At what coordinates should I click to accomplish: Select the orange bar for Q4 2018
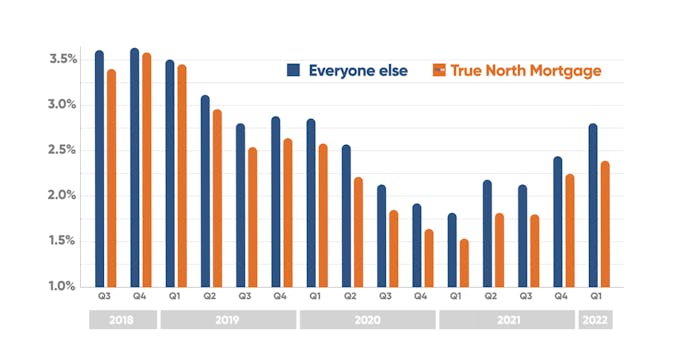(146, 170)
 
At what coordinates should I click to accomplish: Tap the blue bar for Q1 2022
(593, 205)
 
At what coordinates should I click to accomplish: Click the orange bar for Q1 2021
(464, 263)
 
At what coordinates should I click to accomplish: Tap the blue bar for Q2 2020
(346, 216)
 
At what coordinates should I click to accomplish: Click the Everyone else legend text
(356, 70)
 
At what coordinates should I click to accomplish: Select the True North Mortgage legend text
(525, 70)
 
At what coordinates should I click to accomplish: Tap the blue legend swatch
(294, 70)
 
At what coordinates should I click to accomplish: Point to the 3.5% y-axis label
(61, 59)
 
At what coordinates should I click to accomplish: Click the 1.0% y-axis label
(61, 287)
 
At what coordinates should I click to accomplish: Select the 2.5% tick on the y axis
(61, 150)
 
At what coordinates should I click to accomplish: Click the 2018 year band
(122, 321)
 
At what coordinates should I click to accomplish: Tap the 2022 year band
(595, 321)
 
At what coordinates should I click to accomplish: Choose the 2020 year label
(367, 321)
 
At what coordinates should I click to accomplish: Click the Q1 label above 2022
(595, 297)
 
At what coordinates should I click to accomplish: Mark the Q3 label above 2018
(104, 297)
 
